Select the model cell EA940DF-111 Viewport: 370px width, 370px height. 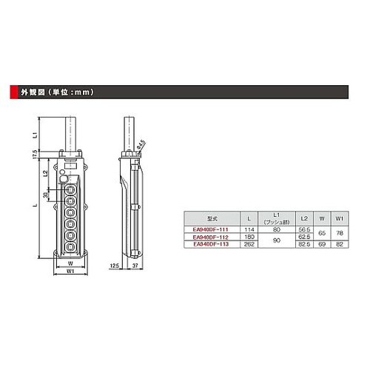pos(210,229)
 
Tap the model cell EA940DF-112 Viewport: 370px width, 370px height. pos(210,236)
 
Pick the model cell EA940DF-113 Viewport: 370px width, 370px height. pos(210,243)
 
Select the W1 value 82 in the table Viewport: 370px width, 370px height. pos(340,243)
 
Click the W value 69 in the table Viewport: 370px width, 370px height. pos(321,243)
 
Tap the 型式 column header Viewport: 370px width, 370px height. pos(210,218)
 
